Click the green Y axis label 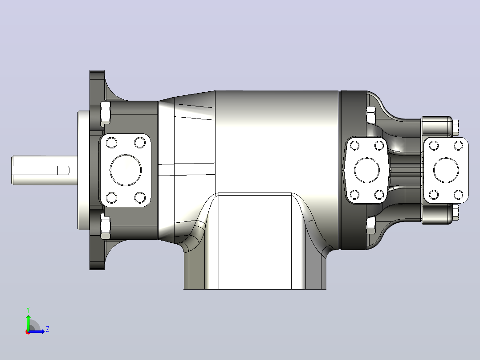click(28, 310)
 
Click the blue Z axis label click(48, 329)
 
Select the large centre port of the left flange click(126, 170)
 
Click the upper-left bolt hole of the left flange click(111, 143)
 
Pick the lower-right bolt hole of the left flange click(140, 198)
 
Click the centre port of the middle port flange click(367, 170)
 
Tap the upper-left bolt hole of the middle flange click(354, 146)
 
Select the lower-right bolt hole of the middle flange click(379, 195)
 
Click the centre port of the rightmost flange click(446, 170)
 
